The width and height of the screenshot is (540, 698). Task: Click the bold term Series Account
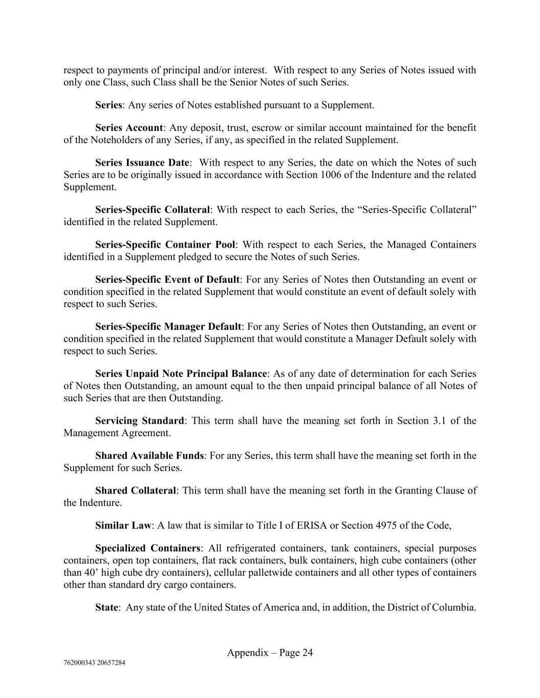129,128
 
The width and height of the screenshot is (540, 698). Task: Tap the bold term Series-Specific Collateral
153,210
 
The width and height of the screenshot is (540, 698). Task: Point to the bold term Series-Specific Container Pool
165,244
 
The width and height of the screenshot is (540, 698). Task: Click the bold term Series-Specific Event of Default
167,280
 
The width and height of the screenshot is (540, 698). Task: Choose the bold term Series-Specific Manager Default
168,326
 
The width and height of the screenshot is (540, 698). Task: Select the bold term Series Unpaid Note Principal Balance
181,374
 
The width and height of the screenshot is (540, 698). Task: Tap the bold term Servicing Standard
139,421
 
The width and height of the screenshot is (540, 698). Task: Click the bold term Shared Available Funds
149,456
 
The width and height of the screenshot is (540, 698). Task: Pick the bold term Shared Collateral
136,490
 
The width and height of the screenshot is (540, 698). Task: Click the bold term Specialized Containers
147,548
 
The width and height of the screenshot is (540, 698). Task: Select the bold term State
106,607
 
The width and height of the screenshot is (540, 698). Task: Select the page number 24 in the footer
307,652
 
